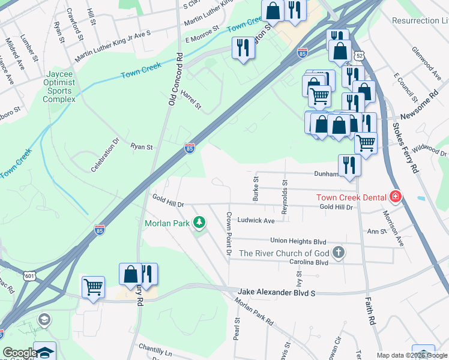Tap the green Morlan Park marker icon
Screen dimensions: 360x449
pyautogui.click(x=199, y=223)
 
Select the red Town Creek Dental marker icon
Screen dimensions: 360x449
pyautogui.click(x=396, y=196)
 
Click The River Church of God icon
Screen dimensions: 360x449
pyautogui.click(x=339, y=253)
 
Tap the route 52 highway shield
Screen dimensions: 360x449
pyautogui.click(x=358, y=55)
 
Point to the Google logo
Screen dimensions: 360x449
pyautogui.click(x=19, y=353)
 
